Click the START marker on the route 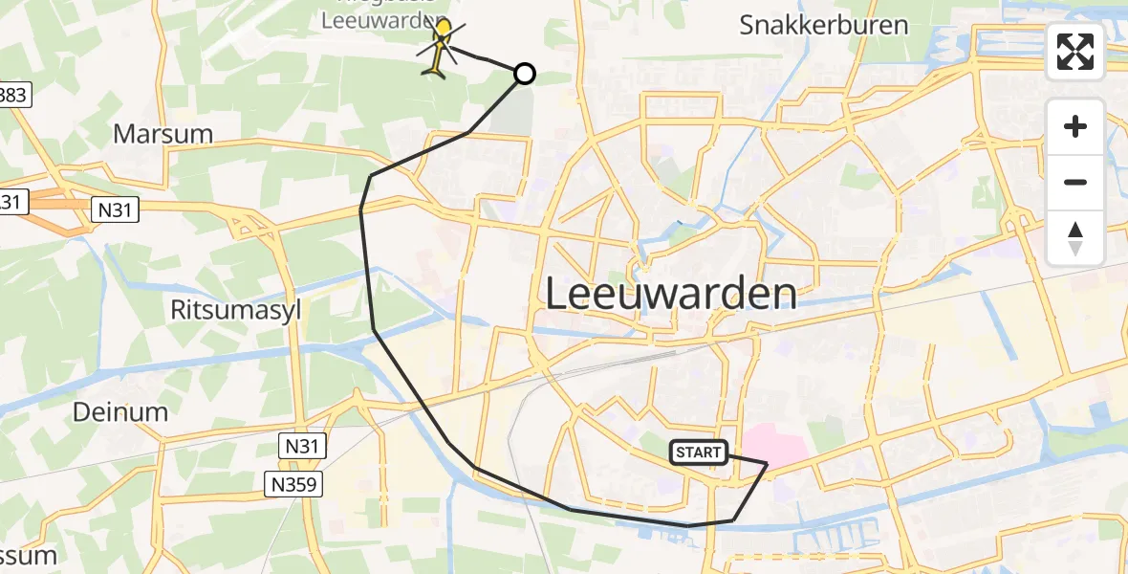tap(699, 453)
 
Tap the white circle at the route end tap(525, 74)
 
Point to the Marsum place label tap(163, 133)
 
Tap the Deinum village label tap(120, 412)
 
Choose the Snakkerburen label tap(823, 25)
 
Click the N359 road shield tap(294, 485)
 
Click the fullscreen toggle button tap(1075, 52)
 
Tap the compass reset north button tap(1075, 238)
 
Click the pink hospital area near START tap(774, 446)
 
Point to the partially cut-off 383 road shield tap(15, 94)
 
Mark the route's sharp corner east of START tap(767, 463)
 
